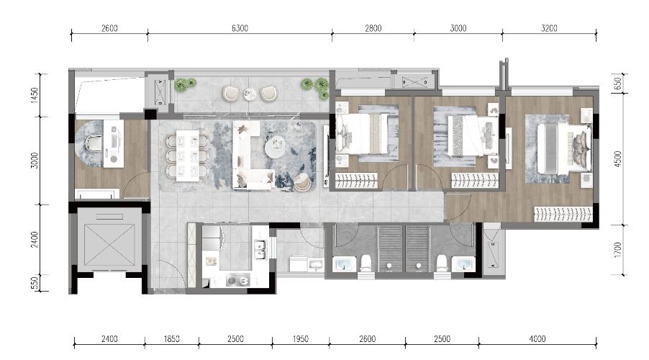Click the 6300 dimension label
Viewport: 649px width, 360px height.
pos(240,28)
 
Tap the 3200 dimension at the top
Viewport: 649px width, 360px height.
pos(549,28)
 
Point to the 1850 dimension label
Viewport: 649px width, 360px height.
pos(171,339)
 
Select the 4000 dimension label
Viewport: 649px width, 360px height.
pos(537,339)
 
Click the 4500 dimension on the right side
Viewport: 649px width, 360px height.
pos(617,159)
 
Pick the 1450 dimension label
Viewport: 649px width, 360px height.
pos(35,95)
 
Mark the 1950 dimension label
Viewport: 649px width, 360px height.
pos(301,339)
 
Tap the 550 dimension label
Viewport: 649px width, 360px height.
pos(35,284)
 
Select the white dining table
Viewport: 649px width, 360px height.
pos(187,156)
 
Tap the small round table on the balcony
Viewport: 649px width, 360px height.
pos(250,94)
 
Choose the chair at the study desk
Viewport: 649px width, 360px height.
pos(94,143)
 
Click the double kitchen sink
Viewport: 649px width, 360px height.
pos(260,249)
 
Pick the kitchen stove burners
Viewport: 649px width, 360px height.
pos(238,281)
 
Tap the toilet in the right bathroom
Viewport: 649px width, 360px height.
pos(442,263)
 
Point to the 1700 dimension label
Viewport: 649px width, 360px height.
pos(617,250)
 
